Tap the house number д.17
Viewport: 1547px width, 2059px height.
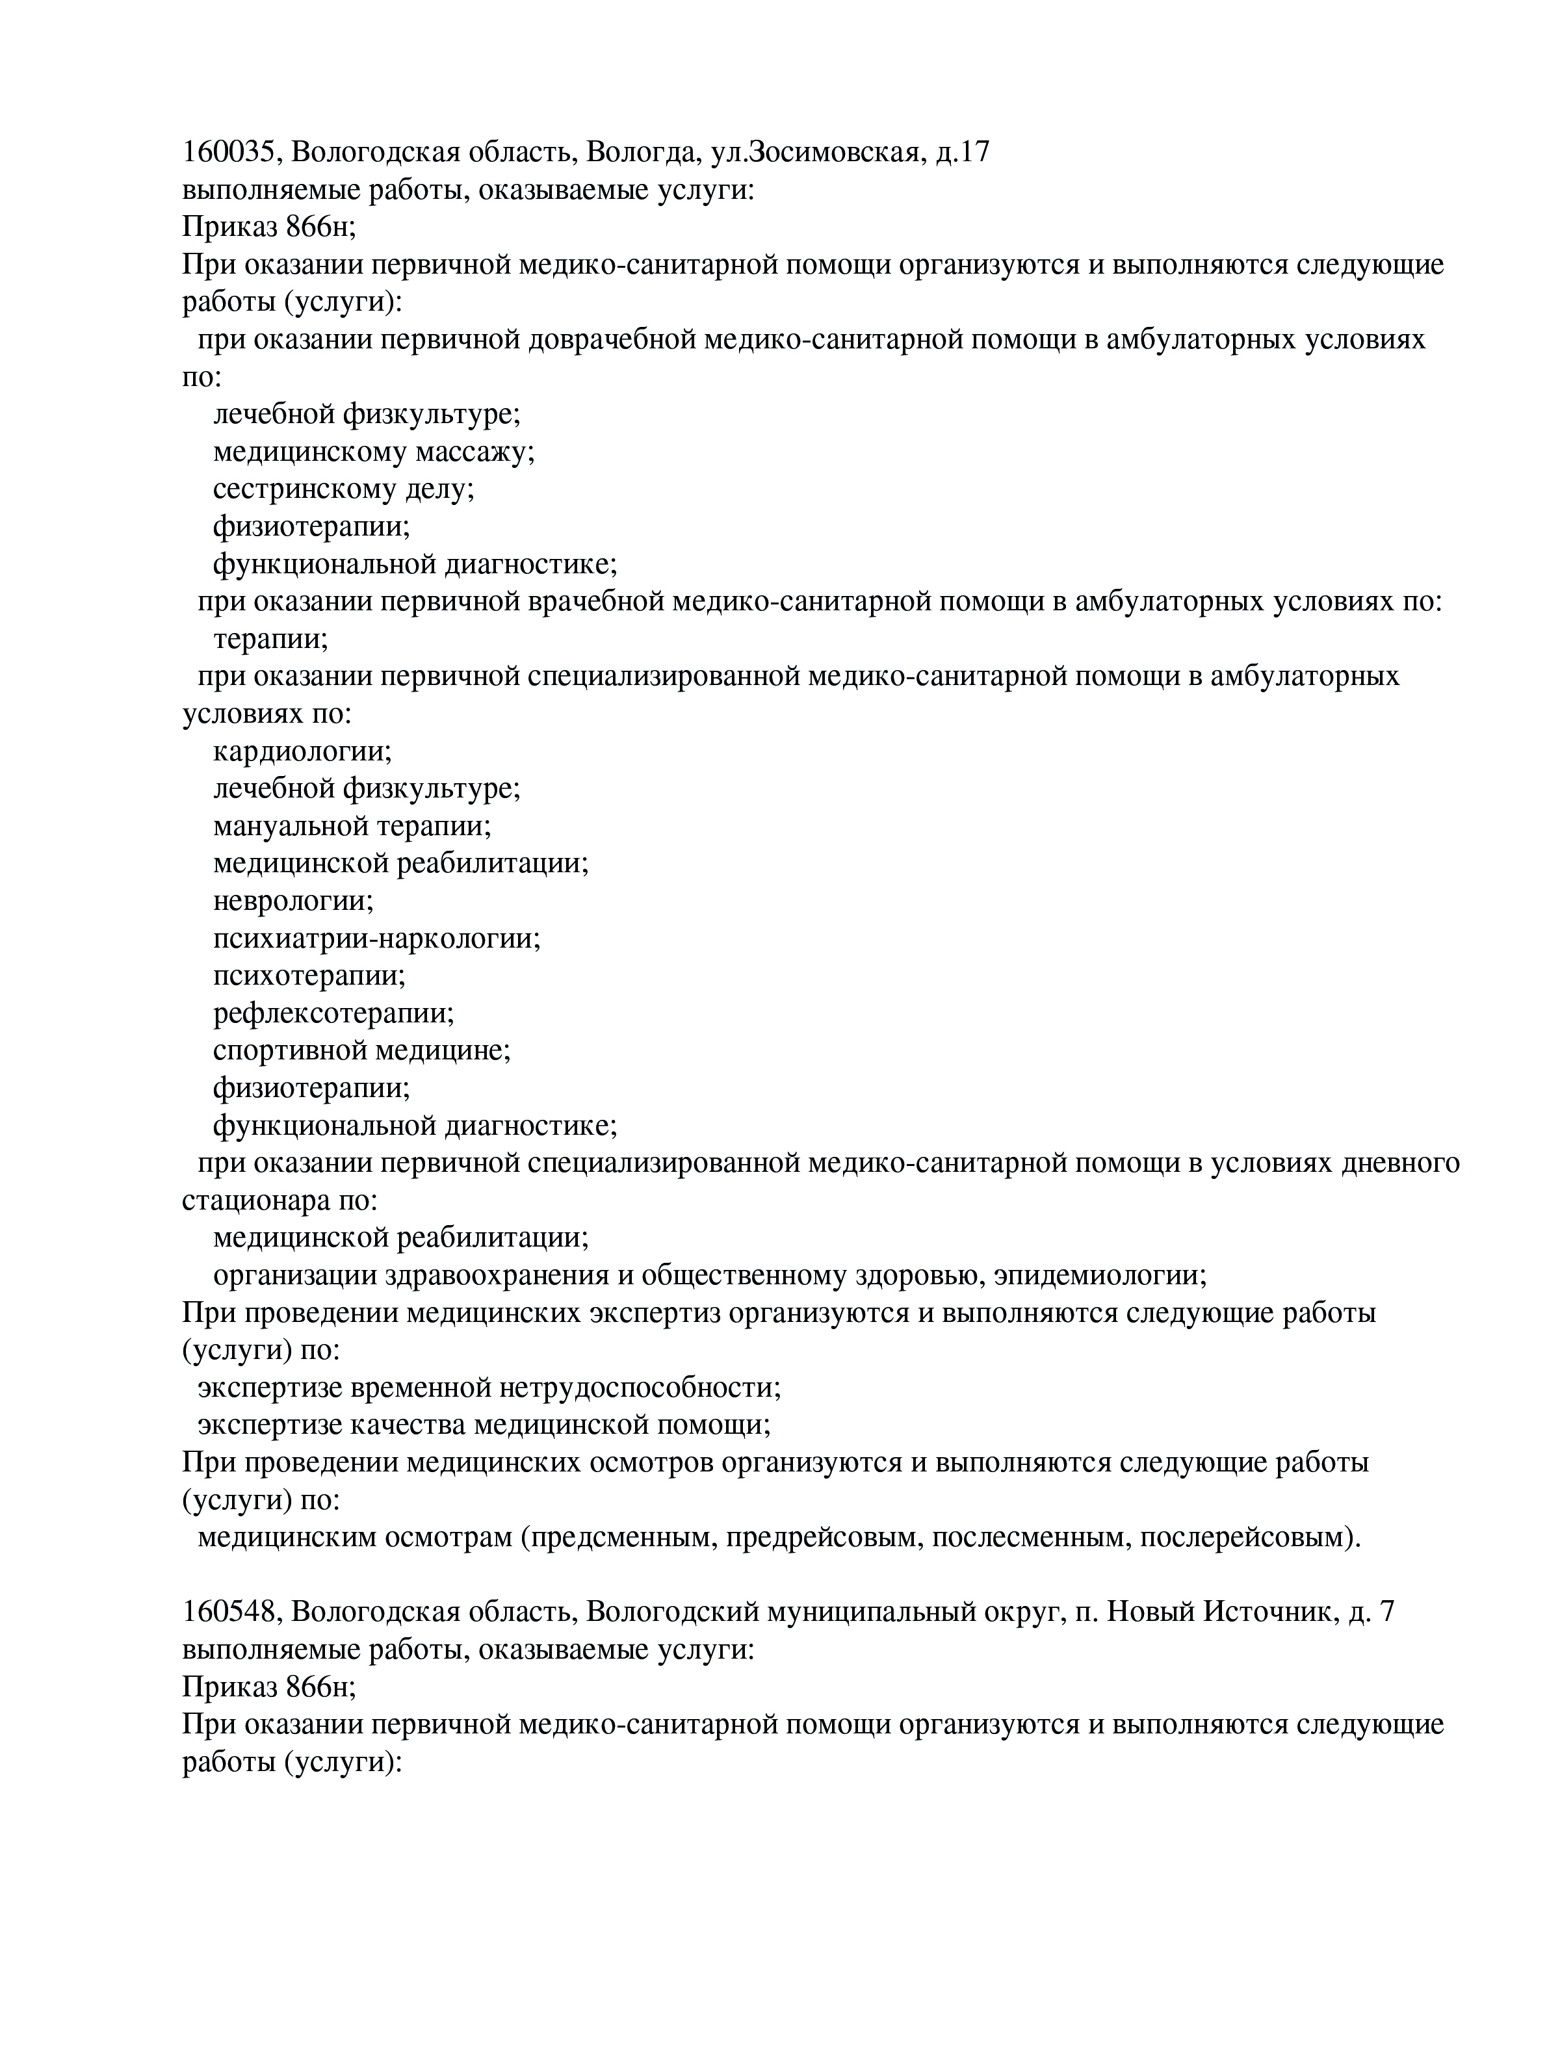963,151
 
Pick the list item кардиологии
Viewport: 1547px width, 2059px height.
302,751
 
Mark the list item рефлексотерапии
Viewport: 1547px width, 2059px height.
333,1013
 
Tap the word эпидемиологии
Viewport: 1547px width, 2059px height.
1098,1275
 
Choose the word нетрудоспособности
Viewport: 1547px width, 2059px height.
640,1388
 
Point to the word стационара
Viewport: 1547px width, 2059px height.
252,1201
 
